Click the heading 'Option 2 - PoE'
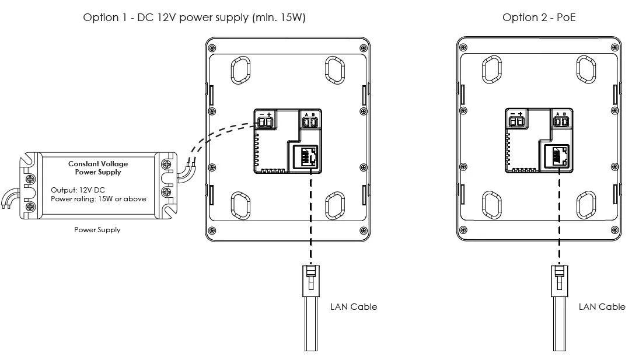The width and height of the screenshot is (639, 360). coord(539,18)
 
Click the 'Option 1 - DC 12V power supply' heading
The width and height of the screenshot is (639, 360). coord(194,18)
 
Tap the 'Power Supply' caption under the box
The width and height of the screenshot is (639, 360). coord(97,230)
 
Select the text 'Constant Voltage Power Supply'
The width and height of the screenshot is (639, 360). coord(98,168)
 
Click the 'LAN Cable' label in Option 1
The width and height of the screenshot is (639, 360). coord(354,306)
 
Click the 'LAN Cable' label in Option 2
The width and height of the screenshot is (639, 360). coord(602,306)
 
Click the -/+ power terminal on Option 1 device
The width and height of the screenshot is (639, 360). coord(266,122)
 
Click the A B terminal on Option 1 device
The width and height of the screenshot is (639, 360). coord(310,122)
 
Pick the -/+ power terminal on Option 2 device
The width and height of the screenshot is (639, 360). coord(516,121)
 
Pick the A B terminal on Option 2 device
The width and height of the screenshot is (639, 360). coord(561,121)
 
